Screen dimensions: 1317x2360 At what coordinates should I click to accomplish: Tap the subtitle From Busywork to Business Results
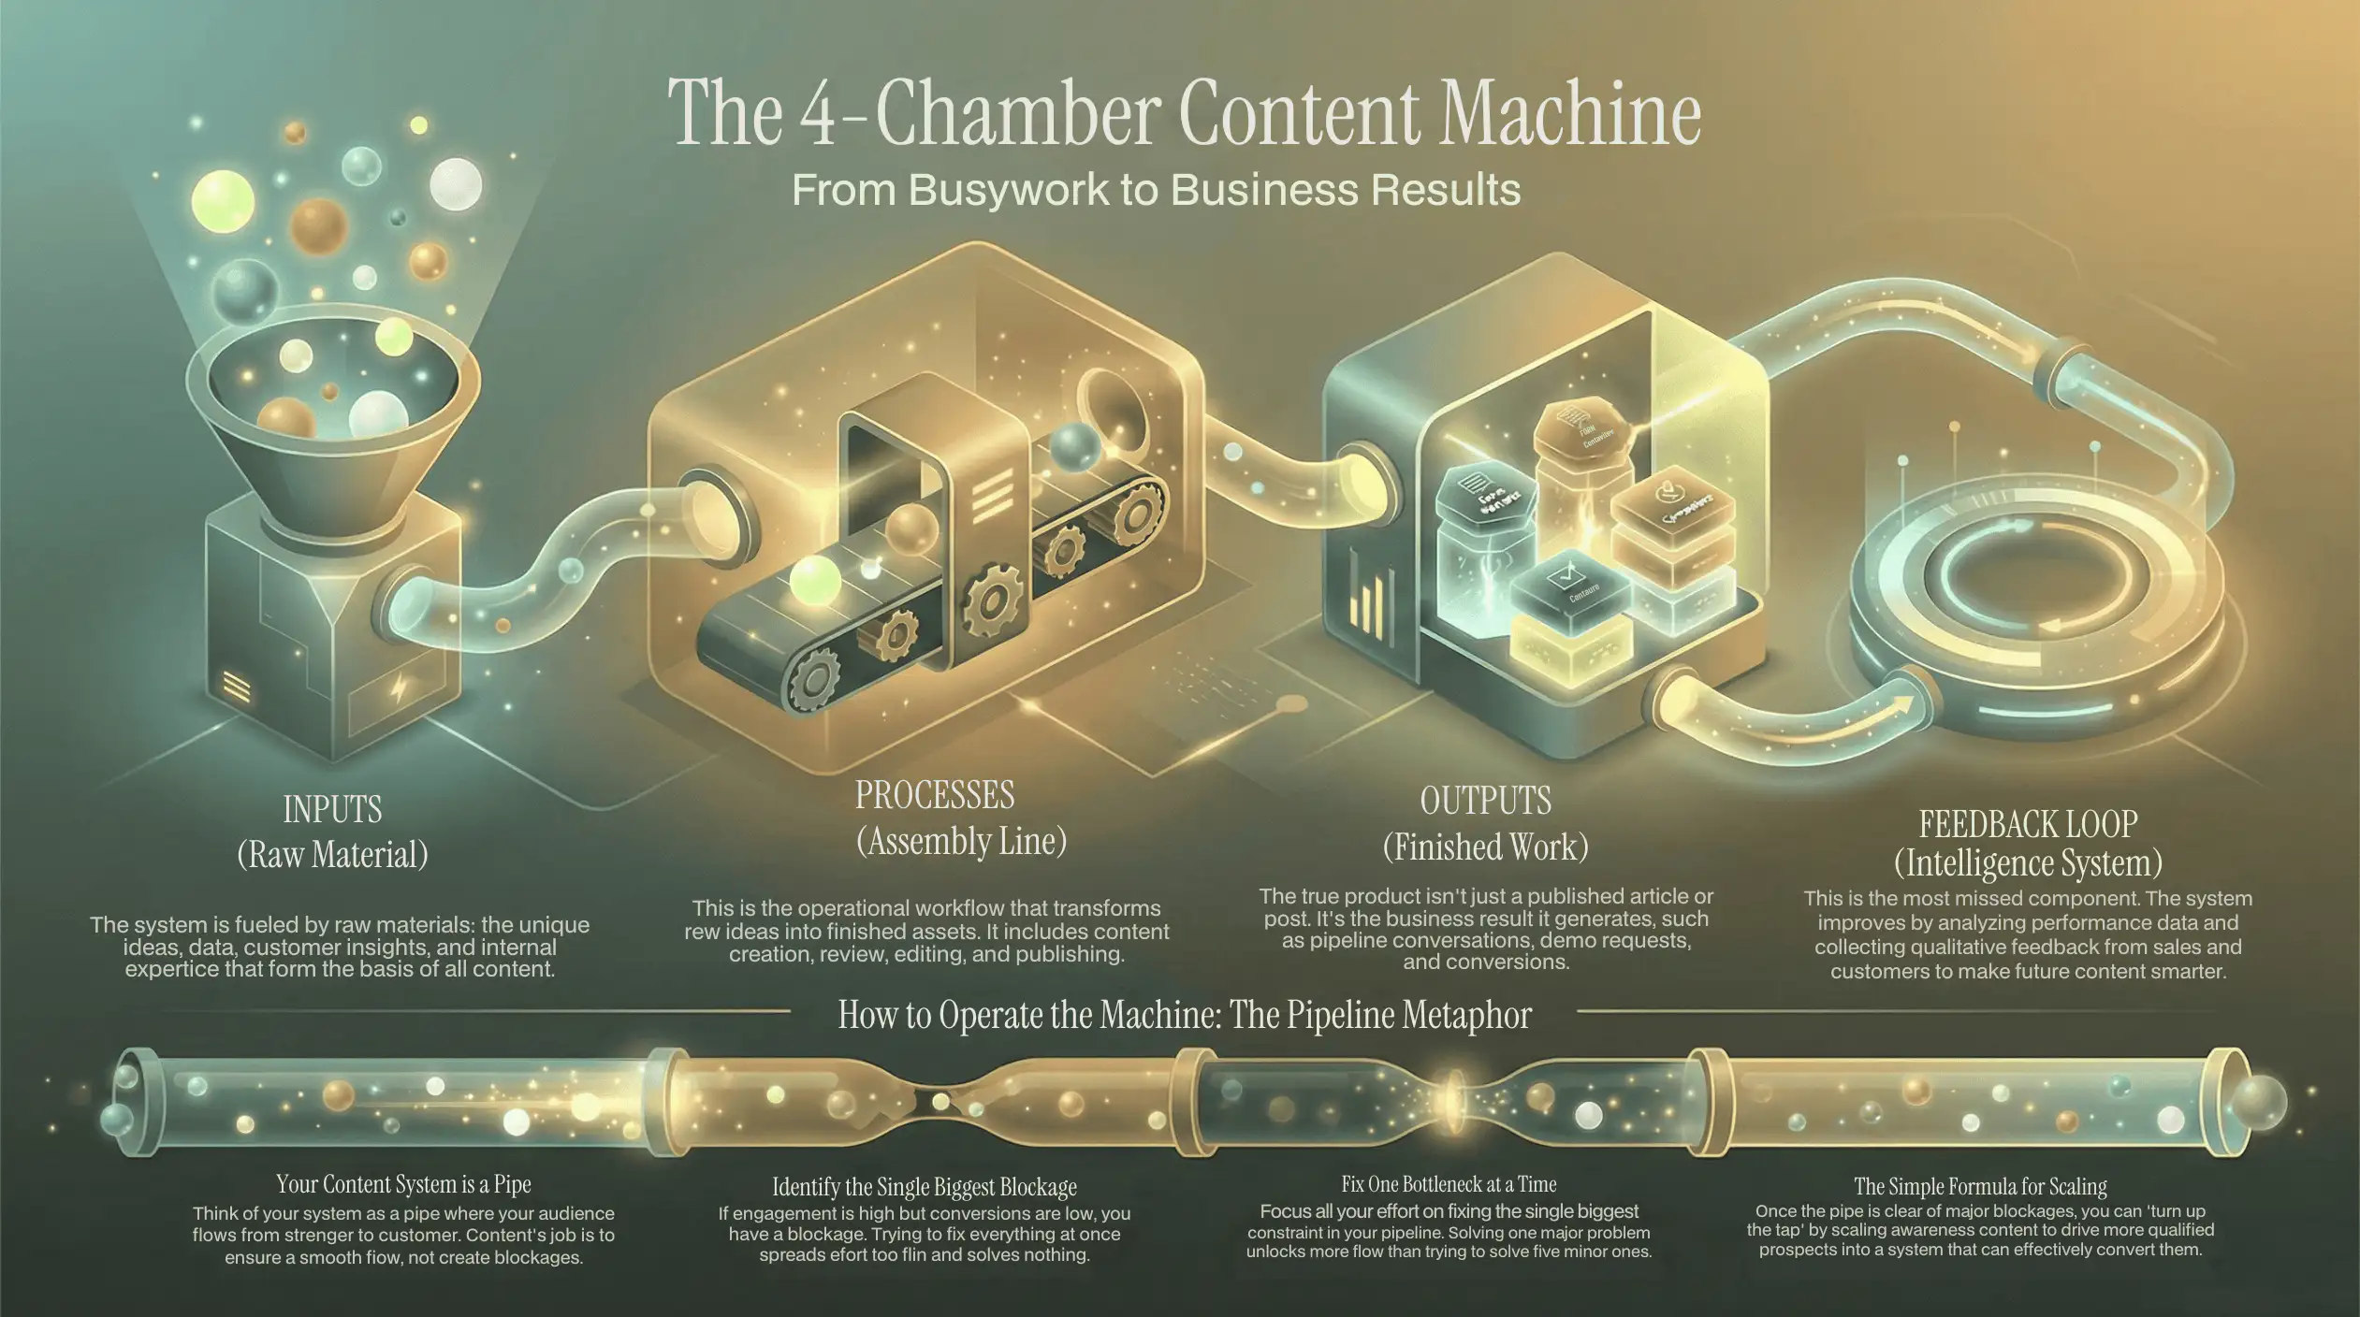click(1156, 190)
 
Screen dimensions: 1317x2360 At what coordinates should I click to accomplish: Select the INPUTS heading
click(332, 809)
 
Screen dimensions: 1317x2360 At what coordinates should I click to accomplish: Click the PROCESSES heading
click(934, 795)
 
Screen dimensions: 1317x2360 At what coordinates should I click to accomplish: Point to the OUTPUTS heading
click(1485, 801)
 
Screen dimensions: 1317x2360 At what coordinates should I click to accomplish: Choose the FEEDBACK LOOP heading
click(2028, 824)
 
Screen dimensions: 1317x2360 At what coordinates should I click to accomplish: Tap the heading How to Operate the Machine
click(1184, 1015)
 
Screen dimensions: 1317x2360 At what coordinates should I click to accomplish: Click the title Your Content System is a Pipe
click(403, 1184)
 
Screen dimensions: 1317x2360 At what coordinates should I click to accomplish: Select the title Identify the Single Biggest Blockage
click(924, 1187)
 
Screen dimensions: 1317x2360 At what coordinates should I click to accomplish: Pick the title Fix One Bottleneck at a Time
click(1448, 1184)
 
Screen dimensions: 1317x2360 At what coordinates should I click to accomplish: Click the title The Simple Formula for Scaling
click(1980, 1186)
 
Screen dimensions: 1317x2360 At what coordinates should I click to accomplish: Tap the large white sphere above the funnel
click(456, 184)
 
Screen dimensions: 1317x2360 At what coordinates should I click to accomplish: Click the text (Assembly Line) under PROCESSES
click(961, 841)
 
